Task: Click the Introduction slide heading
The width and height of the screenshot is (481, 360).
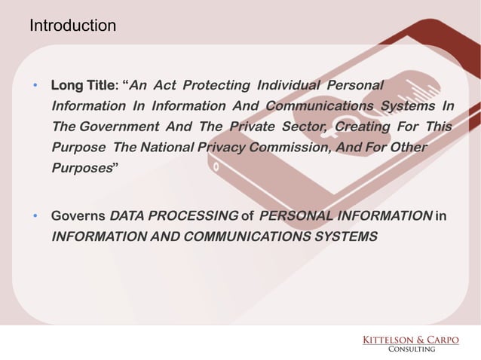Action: click(x=72, y=26)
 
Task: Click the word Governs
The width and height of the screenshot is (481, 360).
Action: click(x=77, y=218)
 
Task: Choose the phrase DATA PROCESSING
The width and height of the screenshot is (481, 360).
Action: click(x=173, y=218)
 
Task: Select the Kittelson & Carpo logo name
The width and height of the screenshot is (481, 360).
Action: click(x=411, y=340)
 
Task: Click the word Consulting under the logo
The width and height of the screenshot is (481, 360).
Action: click(x=411, y=349)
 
